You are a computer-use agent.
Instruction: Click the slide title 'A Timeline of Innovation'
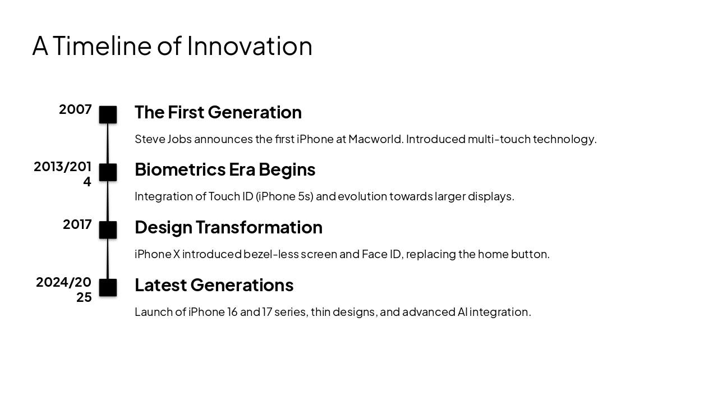coord(172,45)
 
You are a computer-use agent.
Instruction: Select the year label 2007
coord(75,109)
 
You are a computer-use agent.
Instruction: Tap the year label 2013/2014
coord(63,174)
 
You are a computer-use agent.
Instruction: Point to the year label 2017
coord(77,224)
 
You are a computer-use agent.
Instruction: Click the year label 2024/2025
coord(64,290)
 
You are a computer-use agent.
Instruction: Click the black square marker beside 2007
coord(108,114)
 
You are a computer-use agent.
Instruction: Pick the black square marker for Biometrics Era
coord(108,172)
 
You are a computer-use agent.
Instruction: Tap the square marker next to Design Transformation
coord(108,230)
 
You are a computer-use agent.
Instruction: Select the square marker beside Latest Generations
coord(108,288)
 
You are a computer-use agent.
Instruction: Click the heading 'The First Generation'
coord(218,112)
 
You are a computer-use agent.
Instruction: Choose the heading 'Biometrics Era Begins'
coord(224,169)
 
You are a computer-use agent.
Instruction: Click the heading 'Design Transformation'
coord(228,227)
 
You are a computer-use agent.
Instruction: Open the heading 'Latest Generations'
coord(214,285)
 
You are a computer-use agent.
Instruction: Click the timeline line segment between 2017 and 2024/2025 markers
coord(108,259)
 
